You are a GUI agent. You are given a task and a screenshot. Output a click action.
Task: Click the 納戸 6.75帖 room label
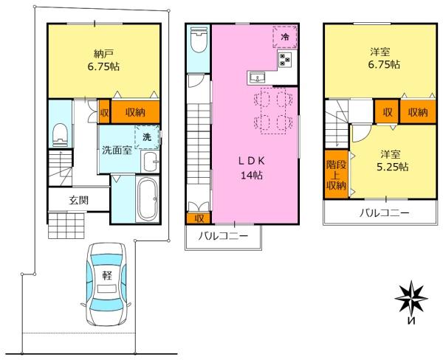[103, 60]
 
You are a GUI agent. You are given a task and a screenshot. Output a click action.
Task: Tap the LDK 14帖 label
[252, 168]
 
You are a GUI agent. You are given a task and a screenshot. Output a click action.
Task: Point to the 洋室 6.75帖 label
[384, 58]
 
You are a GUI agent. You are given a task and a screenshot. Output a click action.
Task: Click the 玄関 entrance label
[79, 201]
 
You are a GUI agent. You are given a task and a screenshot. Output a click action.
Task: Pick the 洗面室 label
[117, 150]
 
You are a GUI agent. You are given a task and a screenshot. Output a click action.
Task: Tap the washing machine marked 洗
[147, 137]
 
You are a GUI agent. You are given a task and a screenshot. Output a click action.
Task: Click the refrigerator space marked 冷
[285, 37]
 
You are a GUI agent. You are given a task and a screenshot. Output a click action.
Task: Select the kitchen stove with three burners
[285, 60]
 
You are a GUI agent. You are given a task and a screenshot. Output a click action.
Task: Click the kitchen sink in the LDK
[256, 77]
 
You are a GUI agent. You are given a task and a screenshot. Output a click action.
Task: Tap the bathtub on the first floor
[147, 199]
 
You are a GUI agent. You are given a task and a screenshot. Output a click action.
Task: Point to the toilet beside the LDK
[199, 40]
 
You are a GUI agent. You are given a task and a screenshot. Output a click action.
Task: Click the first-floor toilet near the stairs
[60, 135]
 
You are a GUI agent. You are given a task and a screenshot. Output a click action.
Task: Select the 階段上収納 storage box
[336, 174]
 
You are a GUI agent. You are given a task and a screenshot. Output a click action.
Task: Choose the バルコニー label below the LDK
[223, 236]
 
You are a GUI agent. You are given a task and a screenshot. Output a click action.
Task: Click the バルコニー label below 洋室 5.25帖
[384, 213]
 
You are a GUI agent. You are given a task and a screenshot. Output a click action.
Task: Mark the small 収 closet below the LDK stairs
[199, 218]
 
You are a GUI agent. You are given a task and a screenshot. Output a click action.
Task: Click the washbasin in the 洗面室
[150, 162]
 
